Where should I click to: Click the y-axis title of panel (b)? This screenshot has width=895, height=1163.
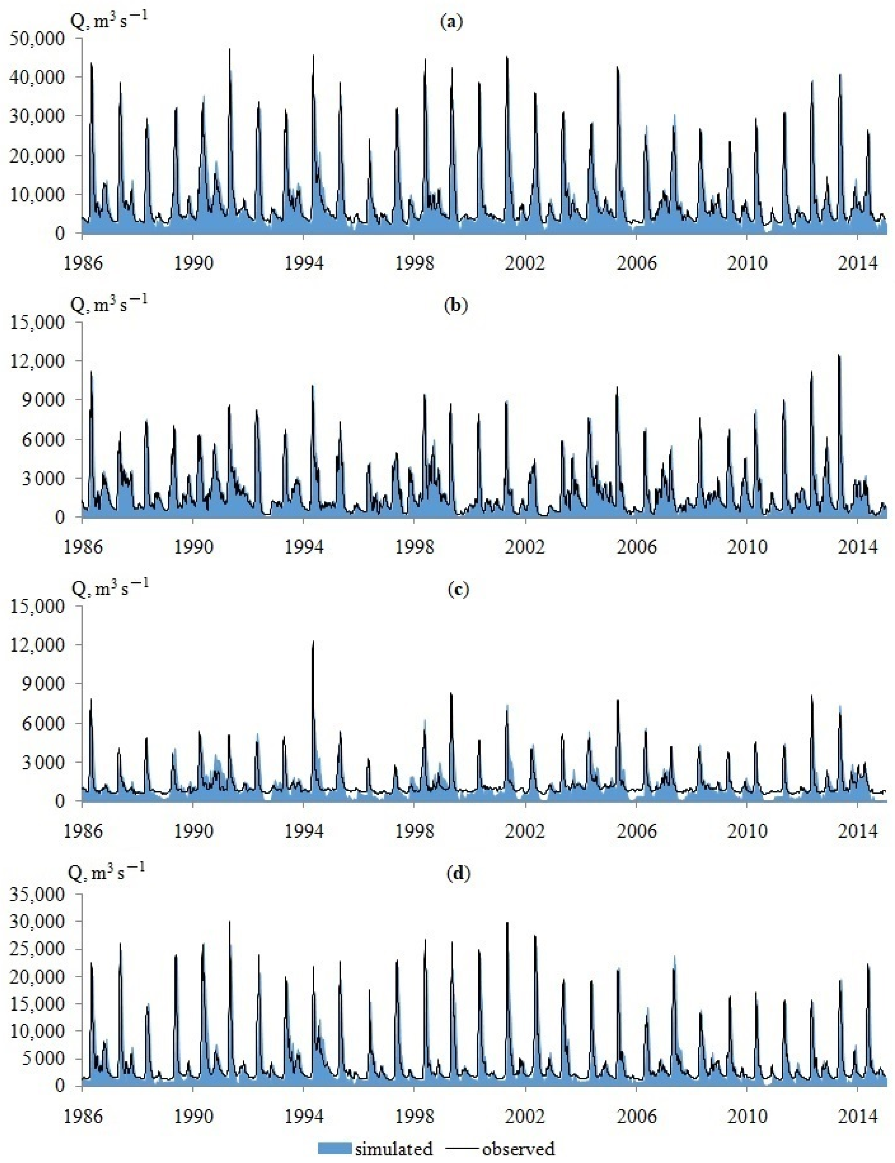pyautogui.click(x=109, y=305)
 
